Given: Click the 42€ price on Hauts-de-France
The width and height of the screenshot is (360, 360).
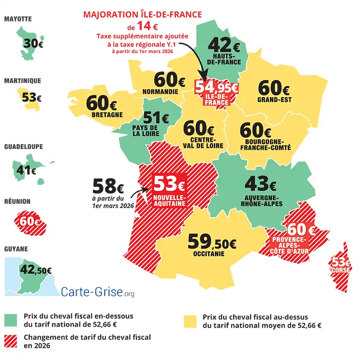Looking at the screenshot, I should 224,45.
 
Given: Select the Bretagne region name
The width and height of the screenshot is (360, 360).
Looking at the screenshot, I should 107,115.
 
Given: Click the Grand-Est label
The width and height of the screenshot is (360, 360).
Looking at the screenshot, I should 274,99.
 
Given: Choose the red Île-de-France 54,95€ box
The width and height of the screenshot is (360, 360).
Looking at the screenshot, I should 216,92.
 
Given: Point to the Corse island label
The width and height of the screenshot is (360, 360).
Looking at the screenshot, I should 341,270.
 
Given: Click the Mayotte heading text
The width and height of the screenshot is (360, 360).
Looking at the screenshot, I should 18,19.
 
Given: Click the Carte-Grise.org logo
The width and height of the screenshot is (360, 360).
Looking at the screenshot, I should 97,292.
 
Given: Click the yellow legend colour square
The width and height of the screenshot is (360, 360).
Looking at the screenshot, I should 190,320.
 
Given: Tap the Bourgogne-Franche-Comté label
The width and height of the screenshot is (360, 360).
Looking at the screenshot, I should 261,144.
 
